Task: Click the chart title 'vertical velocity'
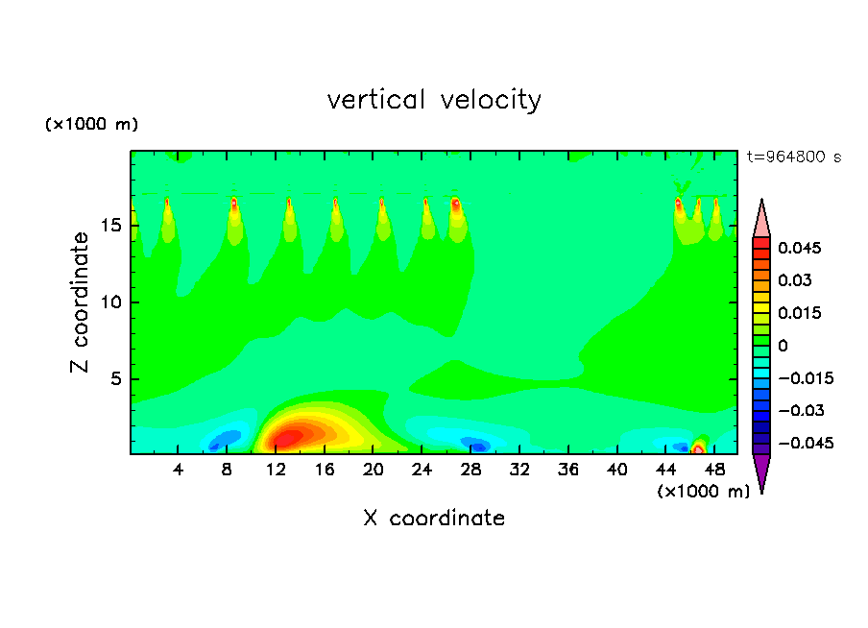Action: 434,100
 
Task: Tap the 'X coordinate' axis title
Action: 434,519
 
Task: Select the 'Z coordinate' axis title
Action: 81,302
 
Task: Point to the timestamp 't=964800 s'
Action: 793,157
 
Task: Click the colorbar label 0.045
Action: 800,248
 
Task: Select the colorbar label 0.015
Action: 800,312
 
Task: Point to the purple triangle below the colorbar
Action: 761,471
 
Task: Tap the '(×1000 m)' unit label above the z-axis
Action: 92,125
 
